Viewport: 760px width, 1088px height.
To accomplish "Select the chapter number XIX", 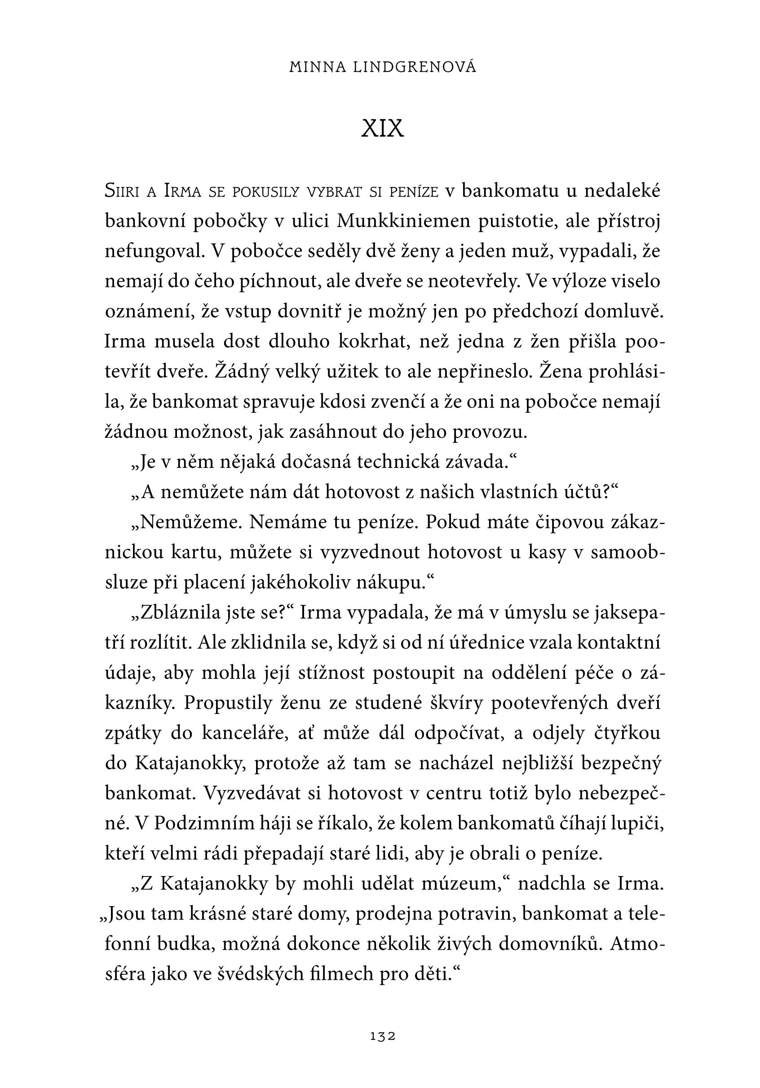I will [382, 128].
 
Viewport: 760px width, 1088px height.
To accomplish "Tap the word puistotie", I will [517, 221].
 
